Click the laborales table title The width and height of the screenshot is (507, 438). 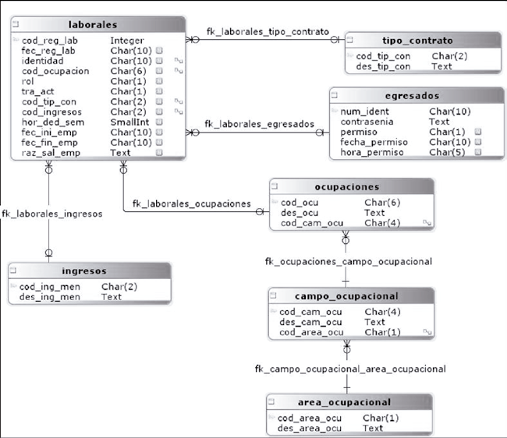pos(93,25)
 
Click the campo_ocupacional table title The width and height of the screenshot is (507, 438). pos(347,296)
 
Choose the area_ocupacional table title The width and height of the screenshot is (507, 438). pos(343,403)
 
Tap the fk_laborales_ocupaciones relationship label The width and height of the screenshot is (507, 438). pos(191,204)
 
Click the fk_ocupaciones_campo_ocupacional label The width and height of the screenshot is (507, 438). pos(349,262)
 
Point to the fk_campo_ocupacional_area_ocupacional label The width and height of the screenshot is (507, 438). pos(350,369)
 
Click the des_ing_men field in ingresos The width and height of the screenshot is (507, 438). pos(50,297)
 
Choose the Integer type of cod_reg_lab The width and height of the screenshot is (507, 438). pos(128,41)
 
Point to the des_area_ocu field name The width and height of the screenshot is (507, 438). pos(310,428)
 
